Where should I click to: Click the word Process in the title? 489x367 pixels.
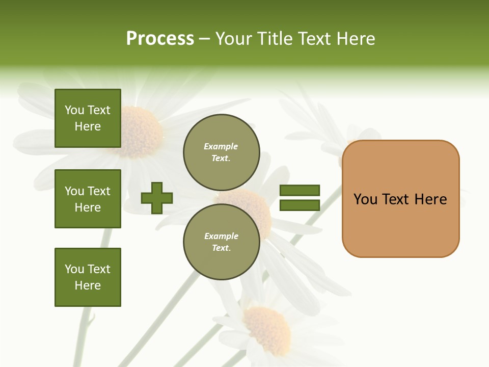(x=160, y=39)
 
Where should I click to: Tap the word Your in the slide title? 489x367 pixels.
(x=234, y=39)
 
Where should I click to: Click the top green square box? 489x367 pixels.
(x=88, y=118)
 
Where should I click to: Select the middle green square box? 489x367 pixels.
(x=88, y=199)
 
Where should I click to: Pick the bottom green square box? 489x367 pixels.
(x=88, y=277)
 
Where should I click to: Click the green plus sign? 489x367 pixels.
(x=157, y=198)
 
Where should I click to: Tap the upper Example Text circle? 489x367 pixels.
(x=221, y=152)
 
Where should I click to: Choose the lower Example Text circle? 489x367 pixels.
(x=221, y=242)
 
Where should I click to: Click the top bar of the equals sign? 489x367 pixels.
(x=300, y=190)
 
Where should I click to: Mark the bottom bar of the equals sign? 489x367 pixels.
(x=300, y=205)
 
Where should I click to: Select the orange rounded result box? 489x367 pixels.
(x=400, y=224)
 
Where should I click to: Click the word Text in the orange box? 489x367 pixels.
(x=396, y=199)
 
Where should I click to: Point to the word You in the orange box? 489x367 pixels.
(x=365, y=199)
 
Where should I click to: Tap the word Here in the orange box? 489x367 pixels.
(x=430, y=199)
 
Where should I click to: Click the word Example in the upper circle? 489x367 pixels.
(x=221, y=146)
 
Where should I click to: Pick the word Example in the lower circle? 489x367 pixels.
(x=221, y=236)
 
